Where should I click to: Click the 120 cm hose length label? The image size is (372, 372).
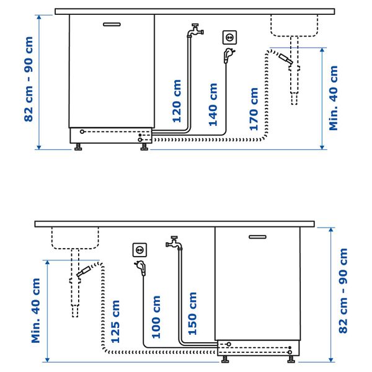[177, 101]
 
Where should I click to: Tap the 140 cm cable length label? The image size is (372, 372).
[214, 105]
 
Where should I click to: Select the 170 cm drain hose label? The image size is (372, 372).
[254, 108]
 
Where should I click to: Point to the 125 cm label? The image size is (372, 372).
[115, 322]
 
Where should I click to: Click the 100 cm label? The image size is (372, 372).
[156, 317]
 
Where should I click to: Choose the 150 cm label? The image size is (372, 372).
[192, 314]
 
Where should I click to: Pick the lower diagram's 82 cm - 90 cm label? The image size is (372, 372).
[343, 291]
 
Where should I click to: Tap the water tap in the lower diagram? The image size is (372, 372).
[174, 242]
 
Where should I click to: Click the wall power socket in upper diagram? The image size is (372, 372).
[229, 38]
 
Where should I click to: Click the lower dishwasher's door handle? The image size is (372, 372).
[257, 236]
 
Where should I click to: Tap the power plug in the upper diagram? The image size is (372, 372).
[228, 56]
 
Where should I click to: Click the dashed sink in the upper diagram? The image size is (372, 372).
[294, 25]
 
